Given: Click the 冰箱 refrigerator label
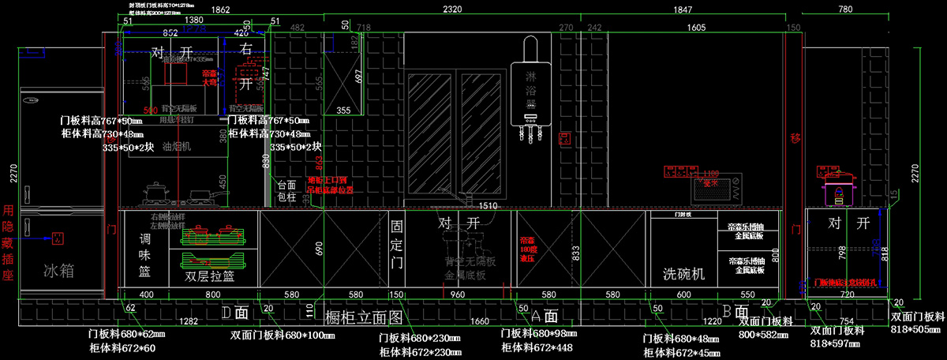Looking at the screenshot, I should [x=58, y=270].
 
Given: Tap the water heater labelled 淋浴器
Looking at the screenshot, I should [x=530, y=87].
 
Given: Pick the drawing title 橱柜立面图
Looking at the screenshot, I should [x=364, y=318].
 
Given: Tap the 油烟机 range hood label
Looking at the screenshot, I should [x=177, y=147].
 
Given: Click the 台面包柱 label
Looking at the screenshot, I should [x=286, y=191].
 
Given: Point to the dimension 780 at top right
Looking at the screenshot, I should [x=844, y=9].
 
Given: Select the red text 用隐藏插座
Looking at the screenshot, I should [x=9, y=246].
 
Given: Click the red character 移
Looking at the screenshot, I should [x=795, y=139].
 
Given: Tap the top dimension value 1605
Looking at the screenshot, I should [x=695, y=28].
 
